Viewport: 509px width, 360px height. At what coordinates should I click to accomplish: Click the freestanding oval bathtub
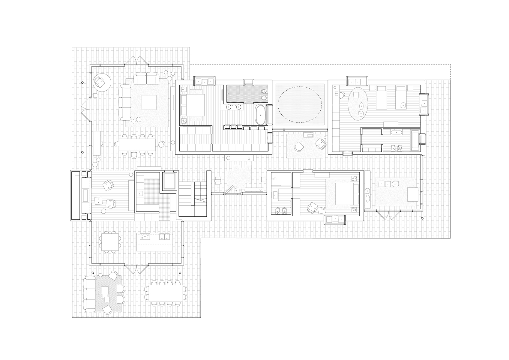(260, 115)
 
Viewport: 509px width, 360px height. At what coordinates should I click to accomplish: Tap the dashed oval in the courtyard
(300, 104)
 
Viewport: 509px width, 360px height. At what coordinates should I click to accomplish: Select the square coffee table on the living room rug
(149, 102)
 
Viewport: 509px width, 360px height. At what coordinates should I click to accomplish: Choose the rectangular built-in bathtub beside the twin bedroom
(415, 140)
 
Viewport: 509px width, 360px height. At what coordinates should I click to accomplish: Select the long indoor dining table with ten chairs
(137, 145)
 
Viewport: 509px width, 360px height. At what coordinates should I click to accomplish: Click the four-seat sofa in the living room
(124, 102)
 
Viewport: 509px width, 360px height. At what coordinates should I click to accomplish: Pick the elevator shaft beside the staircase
(169, 181)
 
